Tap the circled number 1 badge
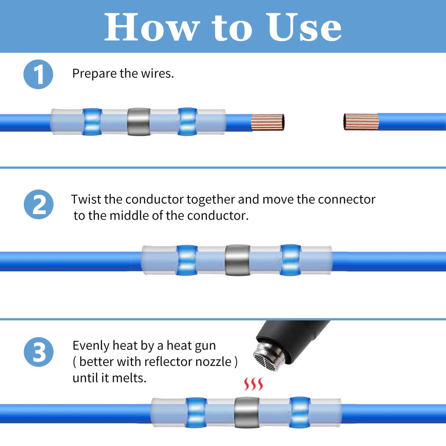[38, 74]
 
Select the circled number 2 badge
[39, 204]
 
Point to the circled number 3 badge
[39, 352]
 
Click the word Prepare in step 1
[94, 74]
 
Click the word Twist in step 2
[86, 200]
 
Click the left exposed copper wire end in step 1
[268, 122]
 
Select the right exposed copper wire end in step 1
[361, 122]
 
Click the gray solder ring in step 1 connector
[139, 122]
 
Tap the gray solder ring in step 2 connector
[237, 260]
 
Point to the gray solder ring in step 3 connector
[247, 413]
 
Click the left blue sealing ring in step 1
[92, 122]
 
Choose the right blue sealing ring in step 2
[290, 260]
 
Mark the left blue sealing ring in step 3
[196, 413]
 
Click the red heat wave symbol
[253, 384]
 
